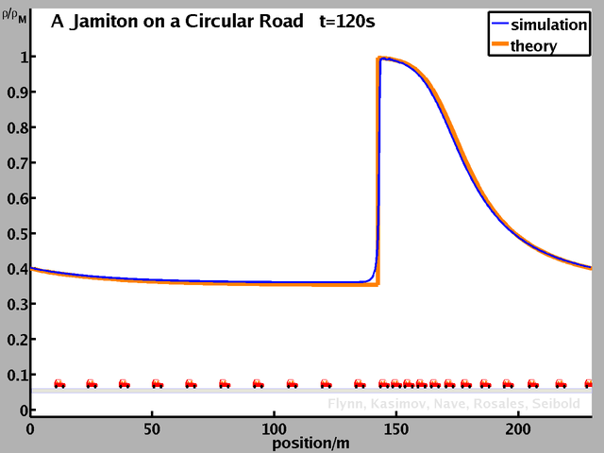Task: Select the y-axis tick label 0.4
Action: tap(14, 269)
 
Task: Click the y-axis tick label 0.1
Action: tap(14, 375)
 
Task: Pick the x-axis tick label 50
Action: tap(151, 428)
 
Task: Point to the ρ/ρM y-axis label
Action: tap(14, 14)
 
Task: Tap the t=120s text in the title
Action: tap(352, 20)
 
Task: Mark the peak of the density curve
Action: tap(381, 58)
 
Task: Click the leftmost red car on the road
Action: tap(59, 383)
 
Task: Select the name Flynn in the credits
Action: tap(346, 404)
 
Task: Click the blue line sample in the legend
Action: tap(498, 26)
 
